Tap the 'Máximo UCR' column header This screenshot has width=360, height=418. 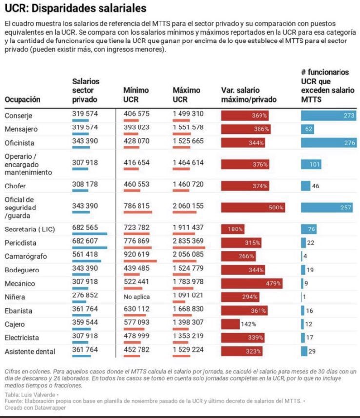186,95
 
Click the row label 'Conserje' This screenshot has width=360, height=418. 19,116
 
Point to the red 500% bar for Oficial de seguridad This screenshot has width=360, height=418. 254,208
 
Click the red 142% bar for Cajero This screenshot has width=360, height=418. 231,324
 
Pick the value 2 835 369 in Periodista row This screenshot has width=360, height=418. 189,242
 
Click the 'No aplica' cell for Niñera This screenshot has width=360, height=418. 137,296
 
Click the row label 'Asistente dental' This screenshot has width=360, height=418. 29,351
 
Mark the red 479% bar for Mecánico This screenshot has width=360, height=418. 252,283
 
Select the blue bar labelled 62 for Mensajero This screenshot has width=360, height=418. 308,129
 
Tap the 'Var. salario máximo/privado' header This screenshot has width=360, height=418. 249,95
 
